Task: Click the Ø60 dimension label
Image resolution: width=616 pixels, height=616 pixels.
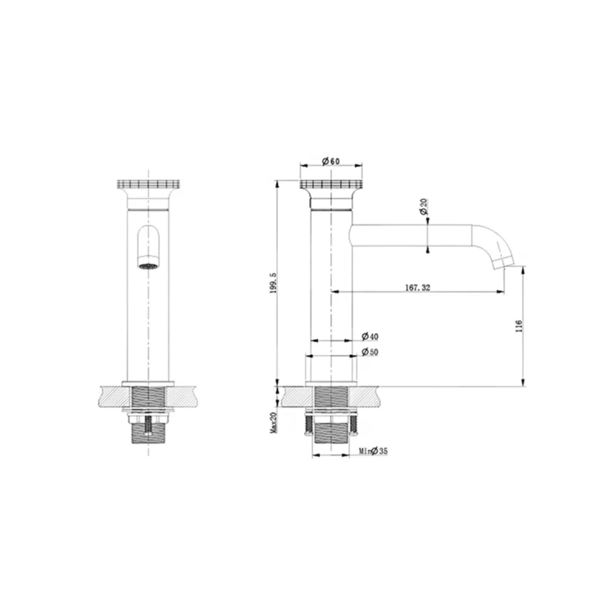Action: [x=331, y=162]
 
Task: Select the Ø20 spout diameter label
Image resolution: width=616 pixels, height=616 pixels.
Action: [x=423, y=206]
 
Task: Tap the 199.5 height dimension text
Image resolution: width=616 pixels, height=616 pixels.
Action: [x=274, y=283]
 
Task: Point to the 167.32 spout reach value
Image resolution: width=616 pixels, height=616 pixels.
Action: [x=417, y=287]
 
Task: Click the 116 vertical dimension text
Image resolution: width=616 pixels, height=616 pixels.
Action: [x=519, y=326]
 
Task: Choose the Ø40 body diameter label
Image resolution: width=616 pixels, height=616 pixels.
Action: [x=370, y=336]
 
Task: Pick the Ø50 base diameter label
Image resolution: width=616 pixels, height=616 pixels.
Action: [x=370, y=352]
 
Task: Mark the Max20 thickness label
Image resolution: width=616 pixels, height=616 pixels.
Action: [x=274, y=423]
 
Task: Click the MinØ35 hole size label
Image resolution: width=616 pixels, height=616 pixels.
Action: [x=373, y=451]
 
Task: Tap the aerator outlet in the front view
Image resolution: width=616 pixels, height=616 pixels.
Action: [x=148, y=266]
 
